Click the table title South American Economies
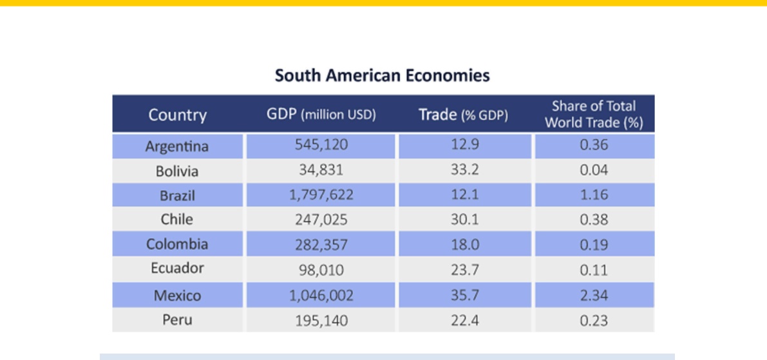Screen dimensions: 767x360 click(x=382, y=76)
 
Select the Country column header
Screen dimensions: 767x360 click(x=178, y=115)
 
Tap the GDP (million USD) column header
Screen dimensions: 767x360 click(x=321, y=115)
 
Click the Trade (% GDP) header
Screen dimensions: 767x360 click(x=463, y=115)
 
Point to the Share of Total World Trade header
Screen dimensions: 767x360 click(x=594, y=114)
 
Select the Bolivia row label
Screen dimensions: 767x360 click(x=177, y=171)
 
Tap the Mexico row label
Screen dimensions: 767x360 click(x=177, y=296)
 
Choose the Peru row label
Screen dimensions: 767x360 click(x=177, y=320)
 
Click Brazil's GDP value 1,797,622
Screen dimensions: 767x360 click(x=321, y=195)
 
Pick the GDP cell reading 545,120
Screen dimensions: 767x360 click(x=321, y=145)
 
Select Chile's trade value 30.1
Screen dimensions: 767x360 click(x=465, y=220)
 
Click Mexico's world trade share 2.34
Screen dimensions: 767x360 click(x=594, y=296)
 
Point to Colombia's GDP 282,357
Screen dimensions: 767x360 click(x=321, y=245)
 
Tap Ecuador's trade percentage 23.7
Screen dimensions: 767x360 click(x=465, y=270)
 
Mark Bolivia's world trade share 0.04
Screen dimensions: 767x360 click(x=594, y=170)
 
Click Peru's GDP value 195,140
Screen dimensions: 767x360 click(x=321, y=321)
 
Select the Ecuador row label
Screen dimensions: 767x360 click(x=177, y=269)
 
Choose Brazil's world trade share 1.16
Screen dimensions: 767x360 click(x=594, y=194)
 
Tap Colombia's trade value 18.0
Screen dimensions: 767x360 click(x=465, y=245)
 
